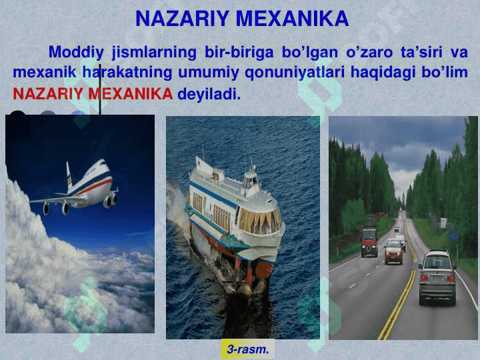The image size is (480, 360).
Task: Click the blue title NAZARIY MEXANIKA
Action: [x=242, y=19]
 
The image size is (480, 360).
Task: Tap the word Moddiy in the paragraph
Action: [x=76, y=53]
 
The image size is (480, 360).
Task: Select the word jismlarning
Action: [x=154, y=53]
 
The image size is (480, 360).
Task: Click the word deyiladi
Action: [x=209, y=94]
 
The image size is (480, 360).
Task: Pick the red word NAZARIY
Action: [x=48, y=94]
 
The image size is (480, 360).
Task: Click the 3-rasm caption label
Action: [x=247, y=349]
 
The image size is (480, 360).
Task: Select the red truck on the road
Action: [x=369, y=242]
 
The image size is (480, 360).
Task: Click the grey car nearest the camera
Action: [x=437, y=277]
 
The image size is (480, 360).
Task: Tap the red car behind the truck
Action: [x=393, y=251]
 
